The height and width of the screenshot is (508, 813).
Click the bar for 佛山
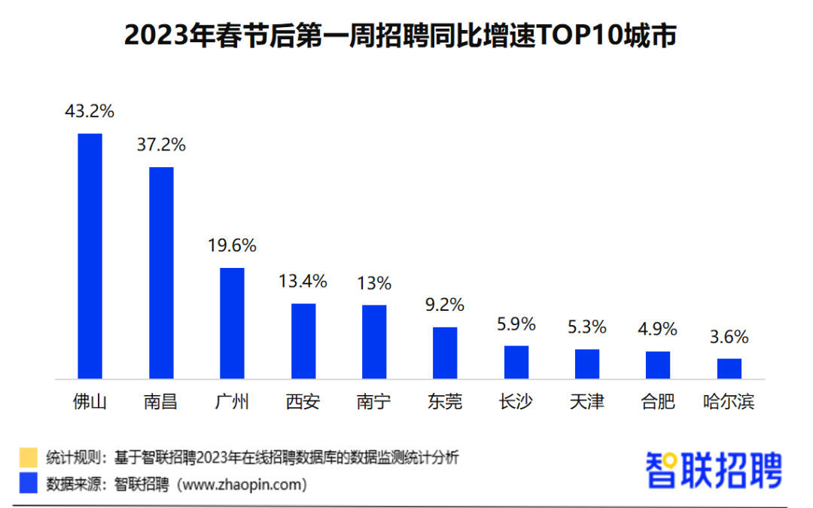pos(90,256)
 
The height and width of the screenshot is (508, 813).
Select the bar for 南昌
pos(161,272)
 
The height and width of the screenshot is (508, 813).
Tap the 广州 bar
pos(233,324)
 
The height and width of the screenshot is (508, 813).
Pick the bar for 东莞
pos(445,353)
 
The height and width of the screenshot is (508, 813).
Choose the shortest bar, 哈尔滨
pos(729,369)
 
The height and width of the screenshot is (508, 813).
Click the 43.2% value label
pos(90,111)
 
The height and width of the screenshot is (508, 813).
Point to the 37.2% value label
pos(161,144)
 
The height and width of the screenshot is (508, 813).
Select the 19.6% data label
pos(233,245)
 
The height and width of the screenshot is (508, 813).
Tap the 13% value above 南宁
pos(374,283)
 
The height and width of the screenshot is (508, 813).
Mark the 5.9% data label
pos(516,324)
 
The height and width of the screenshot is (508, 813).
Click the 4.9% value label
pos(657,329)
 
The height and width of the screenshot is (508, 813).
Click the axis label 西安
pos(303,402)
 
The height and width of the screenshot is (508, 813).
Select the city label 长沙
pos(516,402)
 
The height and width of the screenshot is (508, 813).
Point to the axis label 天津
pos(587,402)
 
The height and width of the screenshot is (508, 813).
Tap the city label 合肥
pos(658,402)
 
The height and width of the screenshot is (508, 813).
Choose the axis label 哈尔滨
pos(729,402)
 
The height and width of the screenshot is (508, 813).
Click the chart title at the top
pos(400,36)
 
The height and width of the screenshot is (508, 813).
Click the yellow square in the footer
pos(29,458)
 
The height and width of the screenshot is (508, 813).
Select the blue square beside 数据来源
pos(29,482)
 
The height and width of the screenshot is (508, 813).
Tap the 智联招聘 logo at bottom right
pos(714,470)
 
